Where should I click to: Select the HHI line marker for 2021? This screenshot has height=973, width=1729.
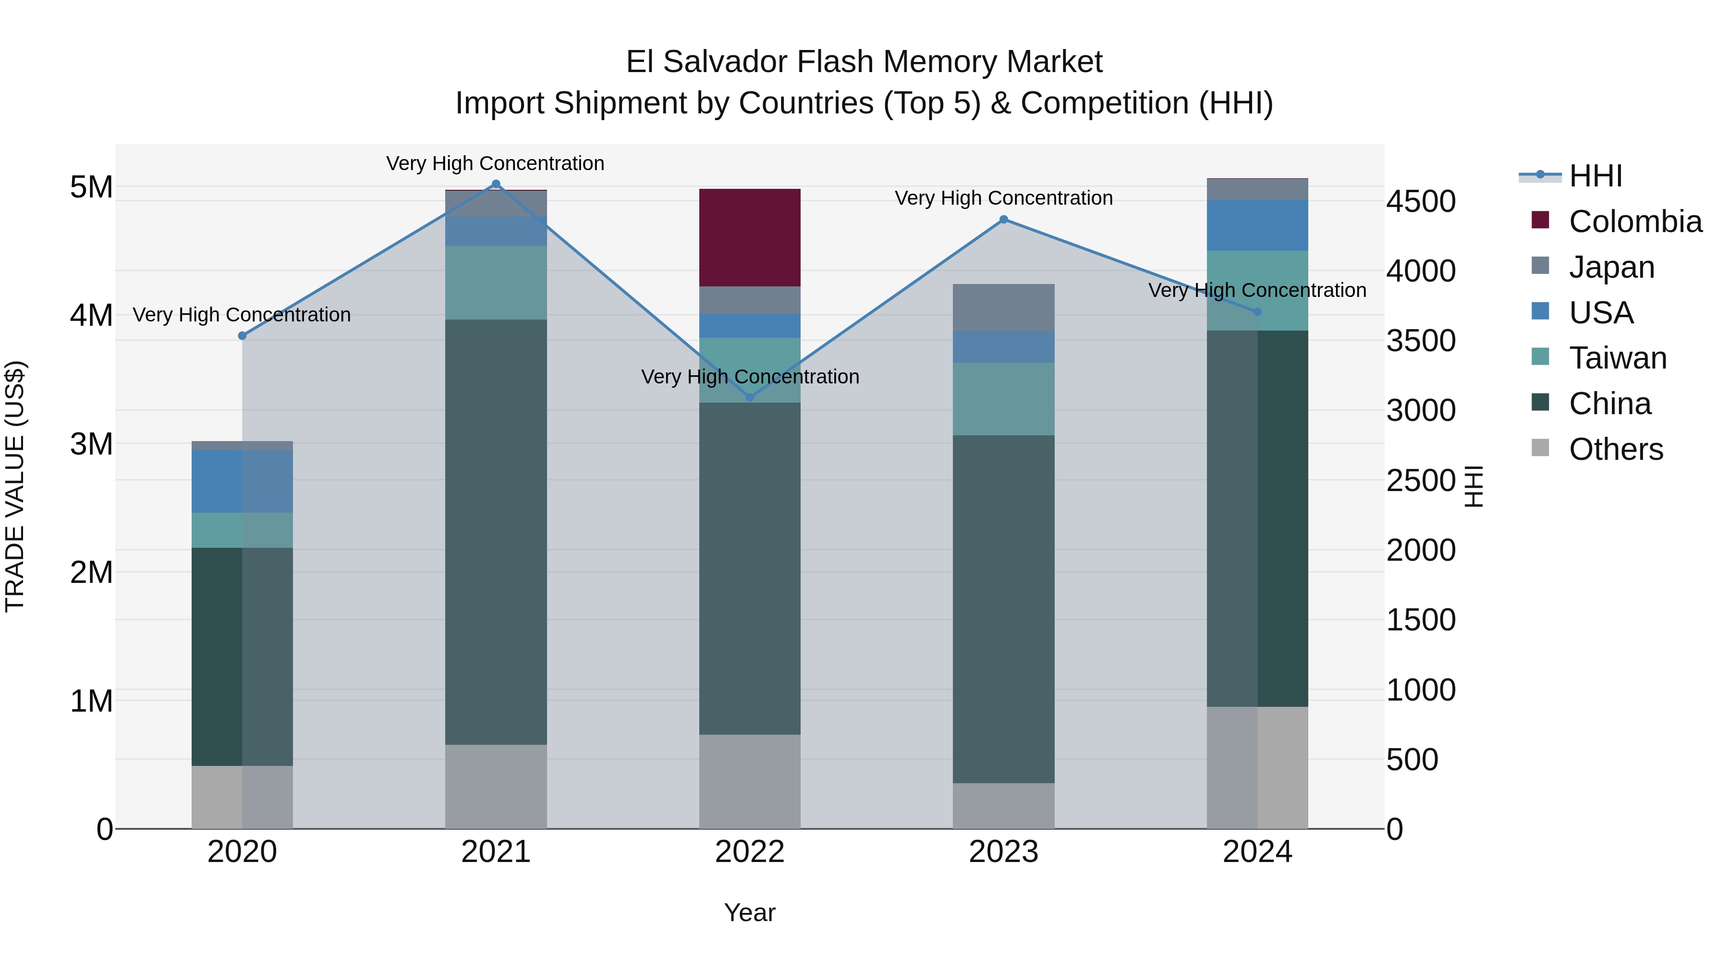pos(496,184)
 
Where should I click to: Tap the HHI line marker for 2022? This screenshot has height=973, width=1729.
pos(750,397)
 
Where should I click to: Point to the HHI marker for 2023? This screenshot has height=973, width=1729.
pos(1003,220)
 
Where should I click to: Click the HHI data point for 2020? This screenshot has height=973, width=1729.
pos(243,336)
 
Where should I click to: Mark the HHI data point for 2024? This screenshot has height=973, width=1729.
pos(1257,311)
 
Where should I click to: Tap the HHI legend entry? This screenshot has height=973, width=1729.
pos(1595,176)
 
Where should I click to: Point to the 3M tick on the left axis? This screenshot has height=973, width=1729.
pos(91,444)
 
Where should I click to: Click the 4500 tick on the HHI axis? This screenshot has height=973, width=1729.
pos(1420,201)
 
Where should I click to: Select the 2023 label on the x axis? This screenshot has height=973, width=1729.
pos(1003,852)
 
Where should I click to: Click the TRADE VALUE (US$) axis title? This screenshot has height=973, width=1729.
pos(15,486)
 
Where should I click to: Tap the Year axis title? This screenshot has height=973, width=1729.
pos(750,912)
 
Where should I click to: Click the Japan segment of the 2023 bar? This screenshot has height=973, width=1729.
pos(1003,307)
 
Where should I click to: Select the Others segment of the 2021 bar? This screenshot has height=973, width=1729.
pos(496,786)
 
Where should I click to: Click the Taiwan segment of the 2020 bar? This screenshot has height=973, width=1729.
pos(243,530)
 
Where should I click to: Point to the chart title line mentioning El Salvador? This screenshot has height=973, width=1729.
pos(864,62)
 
